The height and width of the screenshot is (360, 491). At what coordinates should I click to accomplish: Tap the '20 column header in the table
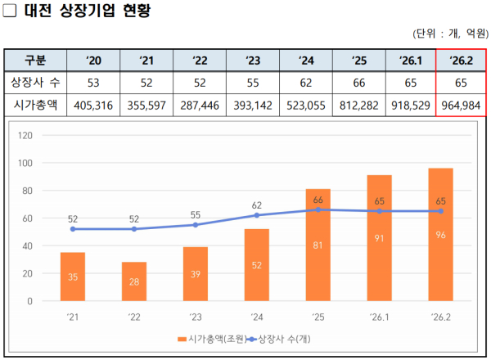point(93,61)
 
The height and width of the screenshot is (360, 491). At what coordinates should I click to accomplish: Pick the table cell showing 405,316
point(93,106)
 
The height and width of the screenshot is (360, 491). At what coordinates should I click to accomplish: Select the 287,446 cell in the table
point(200,106)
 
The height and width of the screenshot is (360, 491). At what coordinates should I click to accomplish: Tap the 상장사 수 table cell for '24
point(306,83)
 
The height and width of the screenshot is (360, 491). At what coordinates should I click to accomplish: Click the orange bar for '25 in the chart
point(318,245)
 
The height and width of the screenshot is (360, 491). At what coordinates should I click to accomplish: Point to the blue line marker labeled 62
point(257,215)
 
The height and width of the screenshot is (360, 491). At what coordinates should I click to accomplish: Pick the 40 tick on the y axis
point(26,245)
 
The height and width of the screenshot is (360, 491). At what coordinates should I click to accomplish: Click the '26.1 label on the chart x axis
point(379,317)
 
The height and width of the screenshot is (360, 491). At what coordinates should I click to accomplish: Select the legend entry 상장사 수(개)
point(286,339)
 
